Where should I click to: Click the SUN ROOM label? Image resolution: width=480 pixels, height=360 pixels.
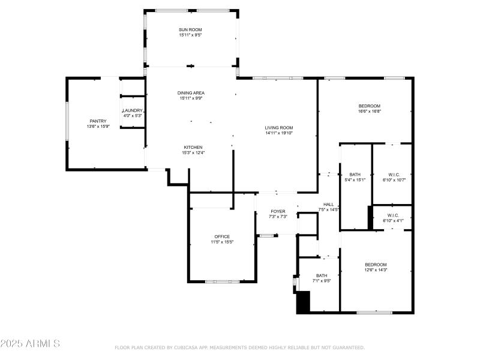tap(191, 30)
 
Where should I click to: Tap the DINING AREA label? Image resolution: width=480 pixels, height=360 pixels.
tap(191, 93)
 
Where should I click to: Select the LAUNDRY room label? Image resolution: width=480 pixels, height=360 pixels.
tap(133, 110)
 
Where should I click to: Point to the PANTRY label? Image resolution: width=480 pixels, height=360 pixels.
tap(98, 121)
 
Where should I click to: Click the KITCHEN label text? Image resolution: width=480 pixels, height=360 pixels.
tap(193, 148)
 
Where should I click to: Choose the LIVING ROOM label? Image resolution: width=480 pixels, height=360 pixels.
tap(279, 127)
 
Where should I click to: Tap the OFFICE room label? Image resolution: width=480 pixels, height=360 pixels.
tap(222, 236)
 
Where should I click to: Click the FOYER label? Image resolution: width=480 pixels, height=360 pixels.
tap(278, 211)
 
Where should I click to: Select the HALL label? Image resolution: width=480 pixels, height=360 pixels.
tap(328, 204)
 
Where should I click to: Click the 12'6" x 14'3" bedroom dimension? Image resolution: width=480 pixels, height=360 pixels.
tap(376, 270)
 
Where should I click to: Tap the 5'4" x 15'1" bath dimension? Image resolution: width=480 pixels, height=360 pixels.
tap(355, 179)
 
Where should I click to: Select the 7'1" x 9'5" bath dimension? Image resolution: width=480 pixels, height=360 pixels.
tap(322, 281)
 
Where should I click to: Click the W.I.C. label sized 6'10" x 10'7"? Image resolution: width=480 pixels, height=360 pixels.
tap(393, 175)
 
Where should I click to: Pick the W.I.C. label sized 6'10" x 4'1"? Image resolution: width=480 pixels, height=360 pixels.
tap(393, 215)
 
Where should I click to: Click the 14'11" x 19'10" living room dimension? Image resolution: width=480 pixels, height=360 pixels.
tap(279, 133)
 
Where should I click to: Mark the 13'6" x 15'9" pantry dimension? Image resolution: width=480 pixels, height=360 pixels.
tap(98, 127)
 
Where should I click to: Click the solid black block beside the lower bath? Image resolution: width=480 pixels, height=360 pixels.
tap(304, 302)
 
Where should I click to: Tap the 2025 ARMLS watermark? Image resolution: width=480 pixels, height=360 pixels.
tap(30, 344)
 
